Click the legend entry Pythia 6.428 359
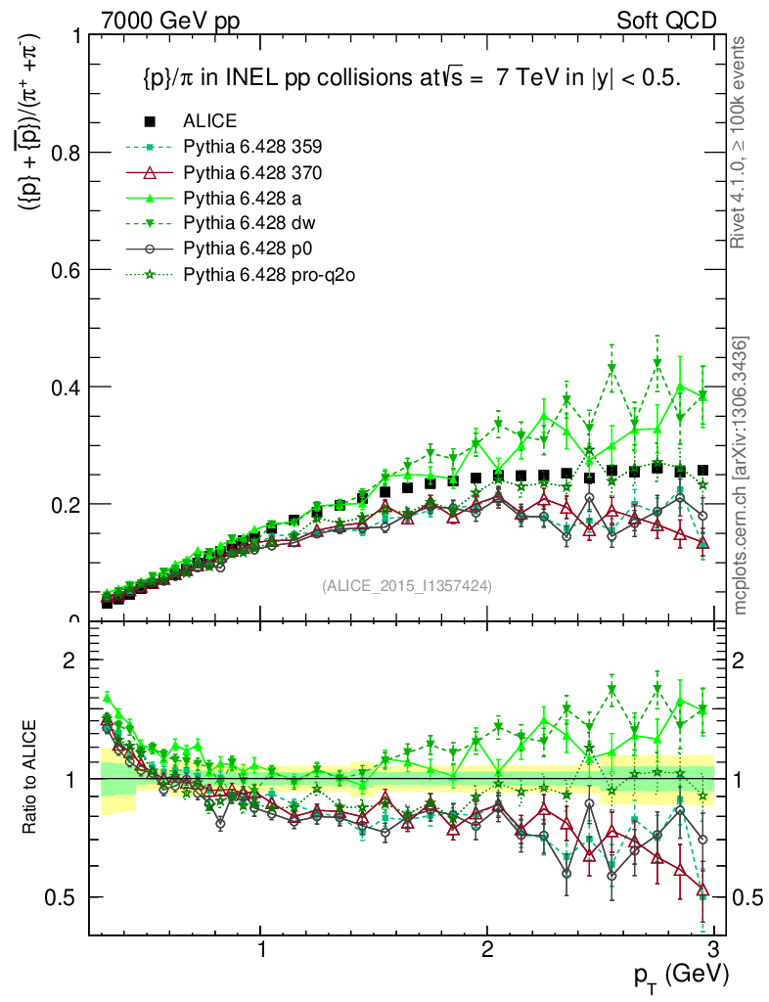pyautogui.click(x=252, y=148)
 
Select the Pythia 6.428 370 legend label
pyautogui.click(x=252, y=173)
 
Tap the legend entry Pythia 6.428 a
pyautogui.click(x=244, y=199)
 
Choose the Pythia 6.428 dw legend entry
pyautogui.click(x=249, y=224)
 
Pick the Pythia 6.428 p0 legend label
pyautogui.click(x=248, y=250)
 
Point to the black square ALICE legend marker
pyautogui.click(x=150, y=122)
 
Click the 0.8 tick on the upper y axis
pyautogui.click(x=67, y=153)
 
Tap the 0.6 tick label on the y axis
pyautogui.click(x=67, y=270)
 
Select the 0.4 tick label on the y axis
pyautogui.click(x=67, y=387)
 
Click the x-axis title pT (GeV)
pyautogui.click(x=679, y=976)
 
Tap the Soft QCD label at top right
pyautogui.click(x=666, y=21)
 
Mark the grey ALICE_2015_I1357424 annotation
pyautogui.click(x=406, y=586)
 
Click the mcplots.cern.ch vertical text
pyautogui.click(x=742, y=477)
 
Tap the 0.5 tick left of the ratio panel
pyautogui.click(x=67, y=897)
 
